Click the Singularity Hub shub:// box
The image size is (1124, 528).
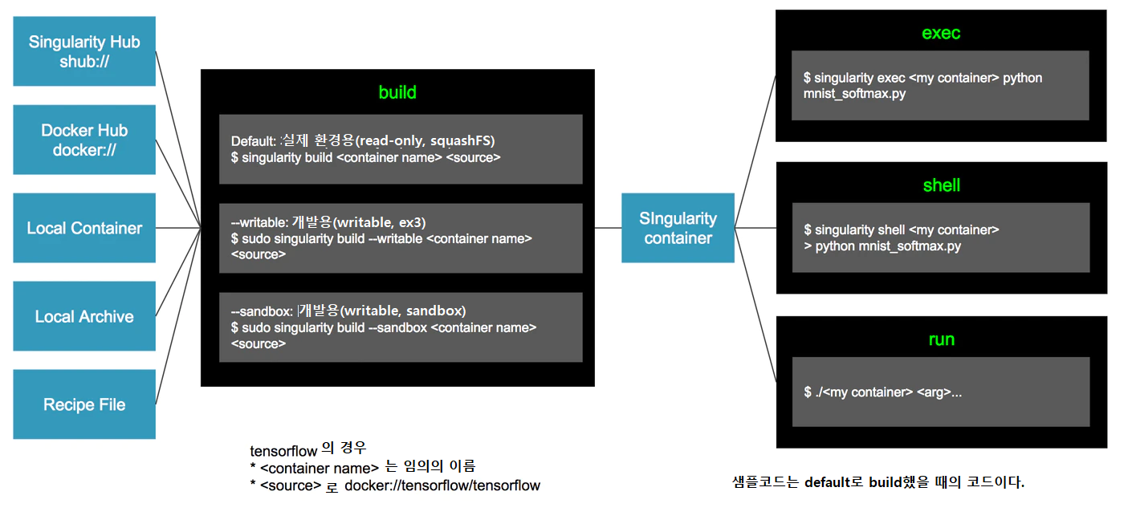click(x=84, y=51)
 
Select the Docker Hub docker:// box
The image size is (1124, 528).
click(x=84, y=139)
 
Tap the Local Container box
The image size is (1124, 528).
click(x=84, y=228)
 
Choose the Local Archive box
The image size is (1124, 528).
click(x=84, y=316)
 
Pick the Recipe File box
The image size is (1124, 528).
click(x=84, y=404)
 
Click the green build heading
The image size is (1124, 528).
click(x=397, y=92)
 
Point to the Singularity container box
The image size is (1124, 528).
click(x=678, y=228)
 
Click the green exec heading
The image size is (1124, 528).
click(x=941, y=33)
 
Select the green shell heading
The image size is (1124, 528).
click(x=941, y=185)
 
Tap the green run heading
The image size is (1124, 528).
click(x=941, y=339)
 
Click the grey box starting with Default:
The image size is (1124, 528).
click(x=401, y=149)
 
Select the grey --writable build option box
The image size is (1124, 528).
click(x=401, y=238)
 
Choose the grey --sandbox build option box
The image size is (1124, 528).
click(x=401, y=327)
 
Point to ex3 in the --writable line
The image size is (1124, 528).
click(x=413, y=221)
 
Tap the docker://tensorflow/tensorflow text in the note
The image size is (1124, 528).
click(x=442, y=485)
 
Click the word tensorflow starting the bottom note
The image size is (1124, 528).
click(x=283, y=451)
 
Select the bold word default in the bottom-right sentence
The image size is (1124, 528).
click(x=827, y=482)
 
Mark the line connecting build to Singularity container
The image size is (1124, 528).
click(x=608, y=228)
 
